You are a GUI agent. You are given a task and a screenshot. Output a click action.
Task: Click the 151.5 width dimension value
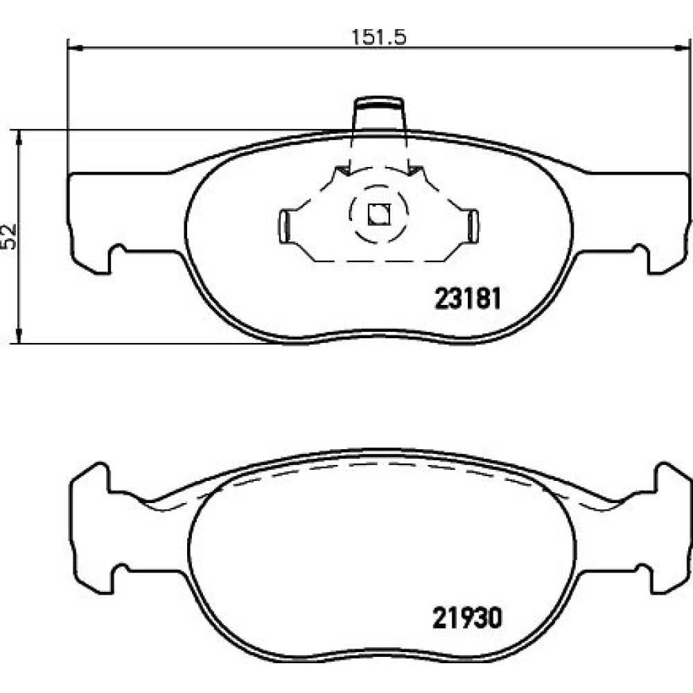378,37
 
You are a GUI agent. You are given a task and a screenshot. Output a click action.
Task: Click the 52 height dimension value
9,236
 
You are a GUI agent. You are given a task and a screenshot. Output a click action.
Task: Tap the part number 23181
468,299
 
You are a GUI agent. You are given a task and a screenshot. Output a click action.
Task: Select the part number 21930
467,618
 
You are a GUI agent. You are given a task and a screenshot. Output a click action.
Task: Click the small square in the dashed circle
379,214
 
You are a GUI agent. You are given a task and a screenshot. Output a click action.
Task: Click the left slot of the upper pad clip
284,227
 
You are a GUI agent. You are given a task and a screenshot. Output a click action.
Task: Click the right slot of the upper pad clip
473,227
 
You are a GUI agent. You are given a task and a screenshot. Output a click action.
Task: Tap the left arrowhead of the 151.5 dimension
76,48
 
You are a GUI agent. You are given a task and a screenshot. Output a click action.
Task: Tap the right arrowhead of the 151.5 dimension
683,48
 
